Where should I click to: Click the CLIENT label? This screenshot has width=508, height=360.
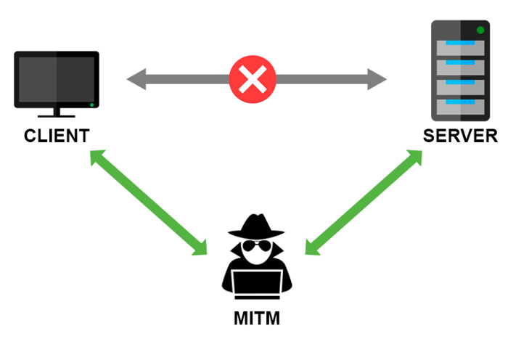[56, 136]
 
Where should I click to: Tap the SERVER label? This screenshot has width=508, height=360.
[461, 136]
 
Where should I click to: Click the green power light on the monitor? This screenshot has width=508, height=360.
[91, 106]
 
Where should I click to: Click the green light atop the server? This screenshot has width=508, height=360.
[480, 30]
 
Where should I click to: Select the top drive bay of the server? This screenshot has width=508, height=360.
[458, 48]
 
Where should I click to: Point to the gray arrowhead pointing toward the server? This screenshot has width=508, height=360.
[377, 78]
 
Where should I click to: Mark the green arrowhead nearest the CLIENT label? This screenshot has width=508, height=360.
[98, 157]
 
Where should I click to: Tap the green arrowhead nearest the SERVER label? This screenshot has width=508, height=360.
[414, 158]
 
